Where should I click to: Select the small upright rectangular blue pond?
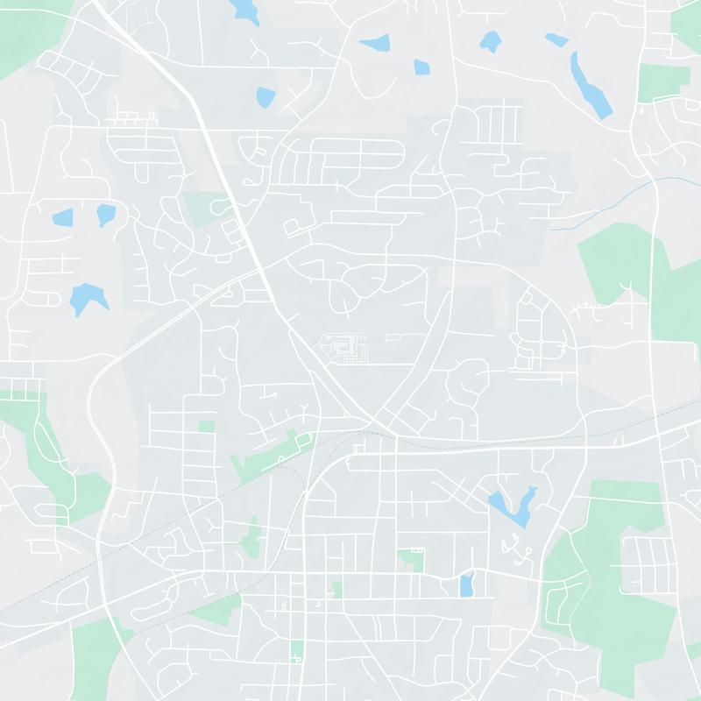point(466,585)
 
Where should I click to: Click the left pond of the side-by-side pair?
point(62,216)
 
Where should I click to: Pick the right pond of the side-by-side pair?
point(105,214)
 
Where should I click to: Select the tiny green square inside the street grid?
point(206,427)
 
